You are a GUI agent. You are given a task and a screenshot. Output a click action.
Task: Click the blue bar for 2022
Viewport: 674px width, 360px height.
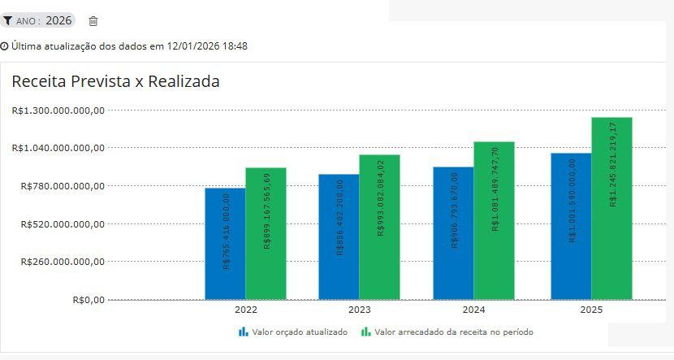(x=225, y=244)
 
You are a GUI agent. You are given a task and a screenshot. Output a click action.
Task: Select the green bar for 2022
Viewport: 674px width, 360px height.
(x=266, y=234)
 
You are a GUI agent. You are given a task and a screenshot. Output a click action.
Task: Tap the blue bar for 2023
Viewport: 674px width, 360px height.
(x=339, y=237)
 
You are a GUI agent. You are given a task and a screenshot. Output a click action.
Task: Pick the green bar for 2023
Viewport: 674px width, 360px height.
(x=379, y=228)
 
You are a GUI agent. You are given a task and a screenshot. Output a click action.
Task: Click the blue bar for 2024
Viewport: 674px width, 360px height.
(x=453, y=233)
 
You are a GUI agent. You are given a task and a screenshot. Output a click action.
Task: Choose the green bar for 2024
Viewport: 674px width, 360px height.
(x=494, y=221)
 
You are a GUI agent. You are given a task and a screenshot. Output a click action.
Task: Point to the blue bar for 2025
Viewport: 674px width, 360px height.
(x=571, y=227)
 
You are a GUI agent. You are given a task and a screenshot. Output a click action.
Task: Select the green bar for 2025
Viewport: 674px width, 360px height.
(x=611, y=209)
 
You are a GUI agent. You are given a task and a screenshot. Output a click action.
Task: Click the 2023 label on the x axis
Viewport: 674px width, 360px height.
(x=359, y=310)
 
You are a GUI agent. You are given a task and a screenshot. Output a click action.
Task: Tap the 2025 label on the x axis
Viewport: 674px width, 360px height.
(x=591, y=310)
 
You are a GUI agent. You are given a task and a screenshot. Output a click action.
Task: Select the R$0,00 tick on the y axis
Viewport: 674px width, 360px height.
(x=89, y=300)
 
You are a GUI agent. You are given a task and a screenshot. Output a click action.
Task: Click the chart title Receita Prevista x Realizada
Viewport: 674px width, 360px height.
(x=115, y=81)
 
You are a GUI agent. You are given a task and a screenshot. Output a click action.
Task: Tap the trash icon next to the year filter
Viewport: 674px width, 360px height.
(x=93, y=21)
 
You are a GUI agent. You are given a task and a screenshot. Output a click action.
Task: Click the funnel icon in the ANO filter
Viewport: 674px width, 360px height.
(x=8, y=21)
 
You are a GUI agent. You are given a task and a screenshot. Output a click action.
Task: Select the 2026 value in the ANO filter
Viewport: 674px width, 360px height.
(x=58, y=20)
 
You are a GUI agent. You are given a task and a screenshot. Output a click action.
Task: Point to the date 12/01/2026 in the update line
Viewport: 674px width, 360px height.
(x=197, y=46)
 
